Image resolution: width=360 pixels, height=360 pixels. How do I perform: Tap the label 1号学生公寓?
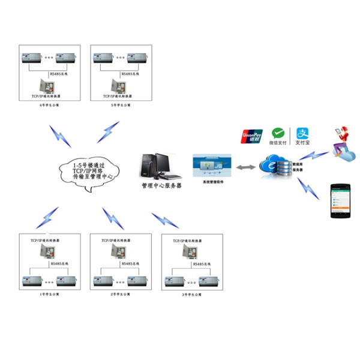50,295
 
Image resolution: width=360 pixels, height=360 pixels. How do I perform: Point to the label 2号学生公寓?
121,295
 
